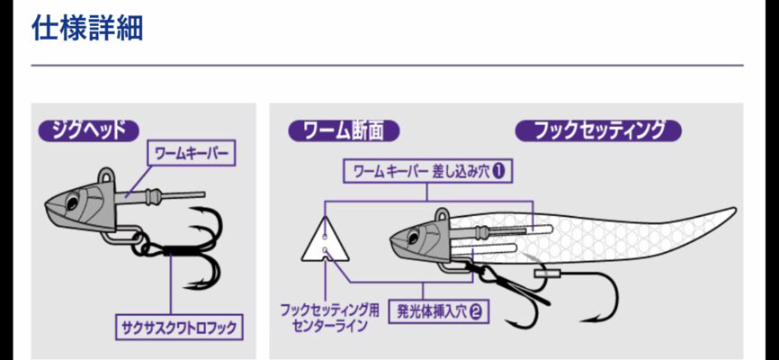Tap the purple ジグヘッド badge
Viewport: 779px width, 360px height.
tap(88, 129)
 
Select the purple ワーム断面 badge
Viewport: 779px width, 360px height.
tap(344, 130)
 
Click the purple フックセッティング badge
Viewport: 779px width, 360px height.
tap(598, 130)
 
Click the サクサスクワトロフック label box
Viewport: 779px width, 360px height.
tap(180, 327)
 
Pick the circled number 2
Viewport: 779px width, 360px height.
tap(475, 312)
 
